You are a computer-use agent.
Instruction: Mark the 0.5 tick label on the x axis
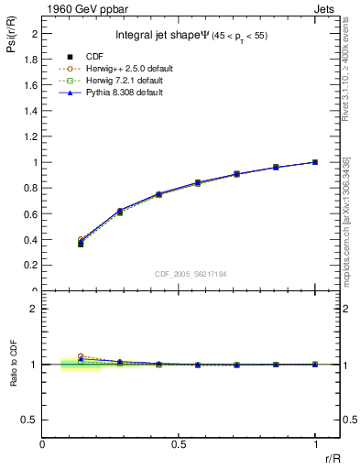pyautogui.click(x=179, y=444)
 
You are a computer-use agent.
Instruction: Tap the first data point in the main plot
pyautogui.click(x=81, y=243)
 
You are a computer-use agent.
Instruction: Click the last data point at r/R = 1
pyautogui.click(x=315, y=162)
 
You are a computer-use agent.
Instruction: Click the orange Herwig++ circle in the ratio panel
pyautogui.click(x=81, y=356)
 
